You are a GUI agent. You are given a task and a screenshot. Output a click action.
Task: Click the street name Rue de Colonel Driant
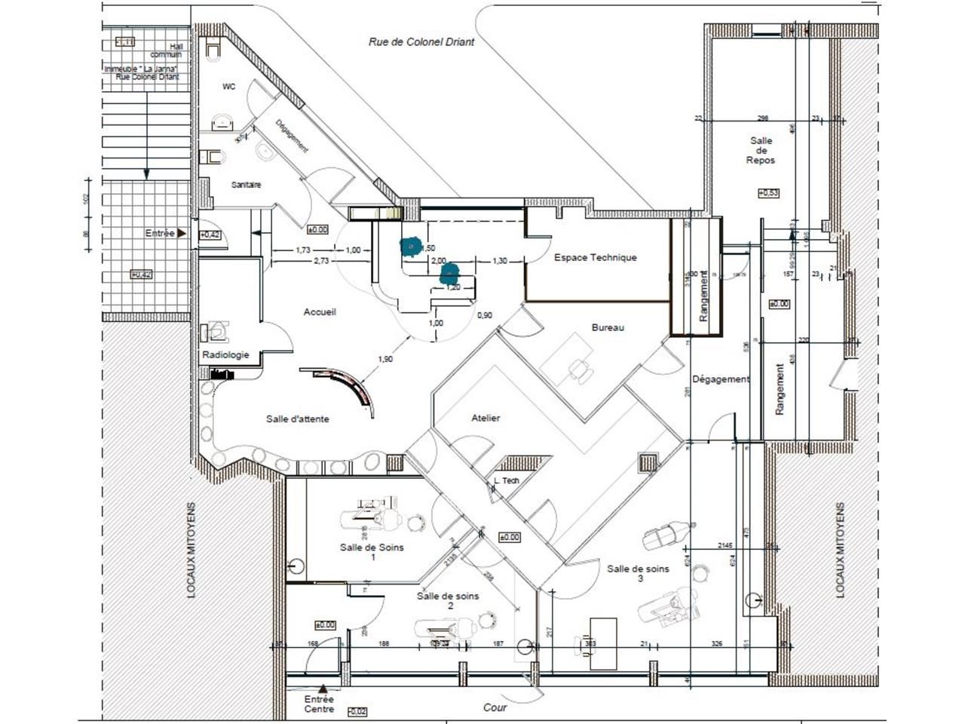[421, 42]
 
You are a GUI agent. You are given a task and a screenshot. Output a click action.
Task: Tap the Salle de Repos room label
[761, 150]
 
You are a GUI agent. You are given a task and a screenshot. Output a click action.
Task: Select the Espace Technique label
[595, 257]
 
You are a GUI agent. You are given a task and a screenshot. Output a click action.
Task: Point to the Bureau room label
[608, 327]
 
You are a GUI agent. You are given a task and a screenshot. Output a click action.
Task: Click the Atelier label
[486, 418]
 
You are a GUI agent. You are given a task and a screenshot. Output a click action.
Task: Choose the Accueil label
[320, 311]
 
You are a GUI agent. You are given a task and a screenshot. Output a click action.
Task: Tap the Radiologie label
[225, 354]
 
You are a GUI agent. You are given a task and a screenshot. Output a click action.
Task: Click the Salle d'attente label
[297, 419]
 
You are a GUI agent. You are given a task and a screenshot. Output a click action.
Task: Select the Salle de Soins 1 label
[372, 552]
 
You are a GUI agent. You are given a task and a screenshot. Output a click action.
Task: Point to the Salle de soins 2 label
[448, 601]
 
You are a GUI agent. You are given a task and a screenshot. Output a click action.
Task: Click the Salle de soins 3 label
[639, 574]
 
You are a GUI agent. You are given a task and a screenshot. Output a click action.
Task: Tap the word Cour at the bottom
[495, 707]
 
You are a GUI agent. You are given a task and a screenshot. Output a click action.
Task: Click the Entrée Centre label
[319, 704]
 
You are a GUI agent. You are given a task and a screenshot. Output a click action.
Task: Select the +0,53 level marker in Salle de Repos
[768, 193]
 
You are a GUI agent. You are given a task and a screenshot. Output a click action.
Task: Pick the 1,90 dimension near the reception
[384, 359]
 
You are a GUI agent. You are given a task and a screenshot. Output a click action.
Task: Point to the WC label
[228, 87]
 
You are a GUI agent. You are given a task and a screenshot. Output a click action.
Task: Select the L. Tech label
[506, 480]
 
